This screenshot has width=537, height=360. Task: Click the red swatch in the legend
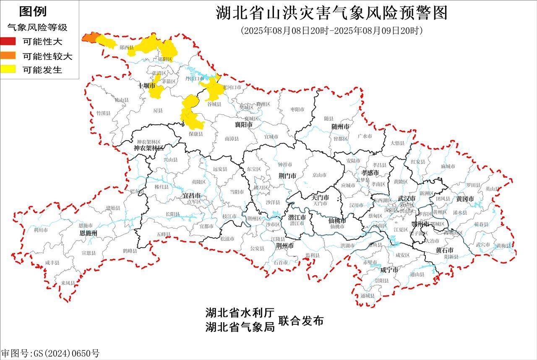pyautogui.click(x=8, y=41)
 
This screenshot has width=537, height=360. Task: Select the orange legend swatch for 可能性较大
pyautogui.click(x=8, y=55)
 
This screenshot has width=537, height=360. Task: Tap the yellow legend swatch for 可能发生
pyautogui.click(x=8, y=69)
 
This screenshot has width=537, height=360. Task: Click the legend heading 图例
pyautogui.click(x=33, y=11)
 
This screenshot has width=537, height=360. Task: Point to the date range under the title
pyautogui.click(x=331, y=31)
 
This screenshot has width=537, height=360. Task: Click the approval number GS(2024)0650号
pyautogui.click(x=50, y=353)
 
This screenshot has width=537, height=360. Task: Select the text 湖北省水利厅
pyautogui.click(x=240, y=313)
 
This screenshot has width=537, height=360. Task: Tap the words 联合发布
pyautogui.click(x=301, y=321)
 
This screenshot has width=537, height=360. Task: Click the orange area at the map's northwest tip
pyautogui.click(x=89, y=38)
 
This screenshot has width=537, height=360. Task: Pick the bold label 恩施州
pyautogui.click(x=89, y=232)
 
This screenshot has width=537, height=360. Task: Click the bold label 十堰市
pyautogui.click(x=146, y=86)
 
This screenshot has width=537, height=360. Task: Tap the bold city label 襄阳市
pyautogui.click(x=243, y=125)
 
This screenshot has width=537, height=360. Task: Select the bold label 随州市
pyautogui.click(x=340, y=126)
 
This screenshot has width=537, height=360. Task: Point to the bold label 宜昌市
pyautogui.click(x=191, y=196)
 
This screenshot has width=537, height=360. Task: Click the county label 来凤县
pyautogui.click(x=68, y=283)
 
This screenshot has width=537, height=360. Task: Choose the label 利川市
pyautogui.click(x=41, y=230)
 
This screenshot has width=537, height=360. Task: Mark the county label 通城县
pyautogui.click(x=367, y=296)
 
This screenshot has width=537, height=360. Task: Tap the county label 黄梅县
pyautogui.click(x=503, y=246)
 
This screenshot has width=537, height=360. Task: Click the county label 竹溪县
pyautogui.click(x=103, y=113)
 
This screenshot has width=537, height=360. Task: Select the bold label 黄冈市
pyautogui.click(x=465, y=198)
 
